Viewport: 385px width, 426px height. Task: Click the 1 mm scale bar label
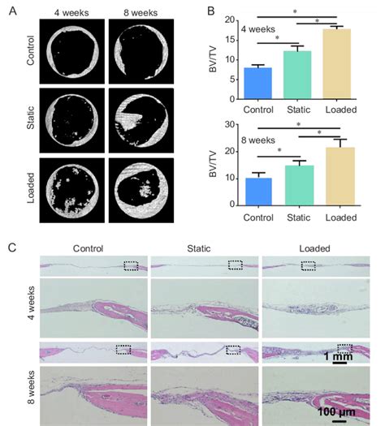[x=340, y=356]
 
